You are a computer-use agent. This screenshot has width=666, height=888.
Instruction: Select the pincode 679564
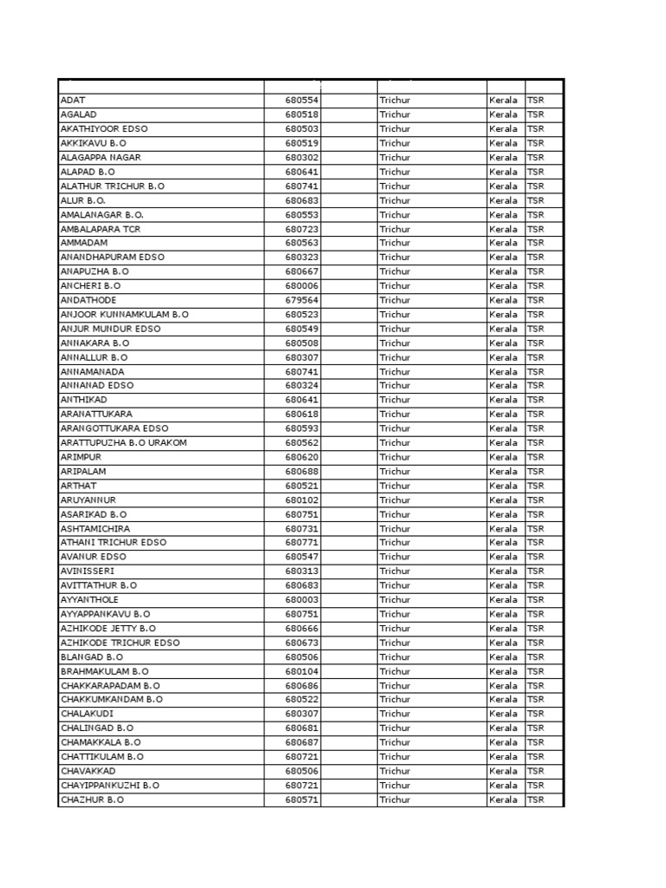[x=302, y=300]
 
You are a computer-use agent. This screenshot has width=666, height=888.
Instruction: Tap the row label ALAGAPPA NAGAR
[x=101, y=158]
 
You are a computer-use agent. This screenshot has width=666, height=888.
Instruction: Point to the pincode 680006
[x=302, y=285]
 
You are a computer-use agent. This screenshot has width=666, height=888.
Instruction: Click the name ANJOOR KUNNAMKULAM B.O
[x=124, y=314]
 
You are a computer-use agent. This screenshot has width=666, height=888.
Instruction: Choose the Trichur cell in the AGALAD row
[x=395, y=114]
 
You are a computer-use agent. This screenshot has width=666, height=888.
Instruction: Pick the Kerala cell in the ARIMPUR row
[x=503, y=457]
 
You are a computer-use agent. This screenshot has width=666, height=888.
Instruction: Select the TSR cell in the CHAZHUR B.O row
[x=535, y=800]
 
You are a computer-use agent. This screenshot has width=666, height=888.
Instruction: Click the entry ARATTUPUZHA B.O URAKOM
[x=123, y=442]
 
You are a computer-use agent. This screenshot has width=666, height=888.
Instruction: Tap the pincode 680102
[x=302, y=499]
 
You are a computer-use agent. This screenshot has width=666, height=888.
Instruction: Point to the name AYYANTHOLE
[x=89, y=599]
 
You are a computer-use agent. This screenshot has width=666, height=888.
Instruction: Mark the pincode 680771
[x=302, y=542]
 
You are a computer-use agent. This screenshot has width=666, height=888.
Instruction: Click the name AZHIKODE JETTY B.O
[x=108, y=628]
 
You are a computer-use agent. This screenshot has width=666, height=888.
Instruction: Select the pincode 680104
[x=302, y=671]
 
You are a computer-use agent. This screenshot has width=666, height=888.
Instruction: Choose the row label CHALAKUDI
[x=87, y=714]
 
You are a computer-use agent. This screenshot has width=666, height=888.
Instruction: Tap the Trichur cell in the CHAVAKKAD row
[x=395, y=771]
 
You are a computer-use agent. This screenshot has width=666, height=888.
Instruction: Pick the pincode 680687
[x=302, y=742]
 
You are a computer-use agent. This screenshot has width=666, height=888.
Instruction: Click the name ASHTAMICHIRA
[x=95, y=528]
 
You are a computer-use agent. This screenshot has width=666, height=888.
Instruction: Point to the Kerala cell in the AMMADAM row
[x=503, y=243]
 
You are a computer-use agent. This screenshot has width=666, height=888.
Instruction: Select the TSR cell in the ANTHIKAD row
[x=535, y=400]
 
